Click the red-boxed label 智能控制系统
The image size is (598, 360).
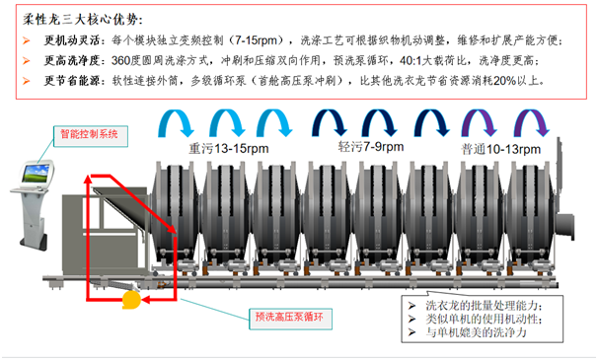point(87,132)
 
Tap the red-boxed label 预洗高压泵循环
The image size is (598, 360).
point(282,317)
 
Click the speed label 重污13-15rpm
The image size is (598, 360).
point(227,147)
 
